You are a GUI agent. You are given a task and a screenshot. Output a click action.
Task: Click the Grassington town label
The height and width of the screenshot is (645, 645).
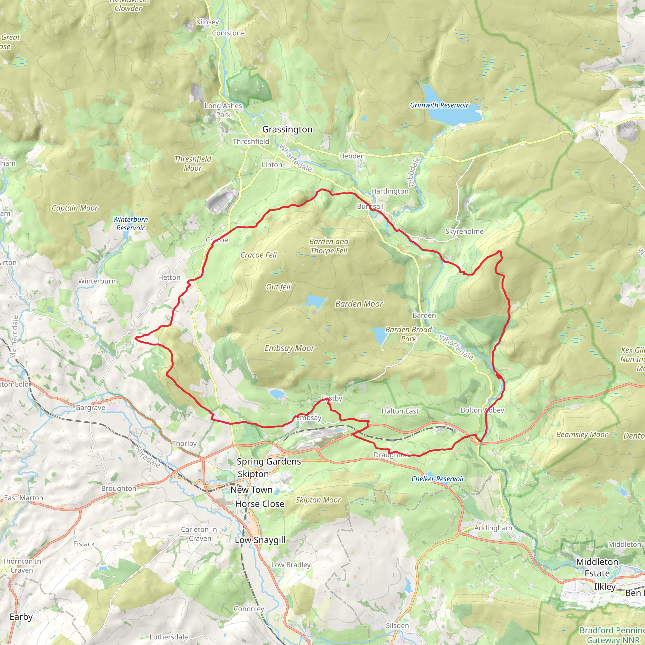click(287, 129)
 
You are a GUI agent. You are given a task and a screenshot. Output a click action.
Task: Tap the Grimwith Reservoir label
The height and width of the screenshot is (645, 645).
click(439, 105)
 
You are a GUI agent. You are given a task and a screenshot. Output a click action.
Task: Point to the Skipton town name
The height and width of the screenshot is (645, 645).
click(253, 474)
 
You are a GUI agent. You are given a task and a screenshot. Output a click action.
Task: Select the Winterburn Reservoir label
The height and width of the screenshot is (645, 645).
click(130, 224)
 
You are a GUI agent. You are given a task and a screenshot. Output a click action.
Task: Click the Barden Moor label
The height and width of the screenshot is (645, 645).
click(359, 304)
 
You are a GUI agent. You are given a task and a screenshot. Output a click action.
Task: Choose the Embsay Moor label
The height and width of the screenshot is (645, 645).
click(289, 348)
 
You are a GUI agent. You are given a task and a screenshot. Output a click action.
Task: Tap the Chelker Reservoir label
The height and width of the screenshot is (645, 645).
click(438, 479)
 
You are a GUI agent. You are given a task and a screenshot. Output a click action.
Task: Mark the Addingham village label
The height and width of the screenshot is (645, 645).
click(493, 528)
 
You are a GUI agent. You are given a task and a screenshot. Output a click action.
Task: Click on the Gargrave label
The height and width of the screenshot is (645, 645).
click(90, 408)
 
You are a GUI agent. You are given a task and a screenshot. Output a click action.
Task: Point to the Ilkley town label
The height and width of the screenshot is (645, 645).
click(605, 586)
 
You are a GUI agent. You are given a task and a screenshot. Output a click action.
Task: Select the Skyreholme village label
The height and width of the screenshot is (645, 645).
click(464, 231)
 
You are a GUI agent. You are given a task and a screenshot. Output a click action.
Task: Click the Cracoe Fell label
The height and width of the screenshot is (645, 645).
click(259, 255)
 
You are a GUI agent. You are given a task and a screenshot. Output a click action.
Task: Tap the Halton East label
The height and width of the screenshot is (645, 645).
click(400, 411)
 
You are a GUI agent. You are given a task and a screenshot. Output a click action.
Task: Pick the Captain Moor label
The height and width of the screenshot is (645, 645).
click(75, 208)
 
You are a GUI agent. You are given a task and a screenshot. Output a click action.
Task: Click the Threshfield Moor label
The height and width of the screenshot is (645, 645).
click(193, 163)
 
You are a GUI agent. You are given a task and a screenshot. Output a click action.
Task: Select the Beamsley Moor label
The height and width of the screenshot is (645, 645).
click(582, 435)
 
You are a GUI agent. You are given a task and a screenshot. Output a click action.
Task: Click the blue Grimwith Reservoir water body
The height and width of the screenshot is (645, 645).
click(454, 113)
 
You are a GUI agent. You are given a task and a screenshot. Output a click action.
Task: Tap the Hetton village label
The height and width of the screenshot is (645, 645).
click(169, 277)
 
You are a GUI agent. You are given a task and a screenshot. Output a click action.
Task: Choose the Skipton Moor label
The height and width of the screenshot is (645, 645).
click(318, 500)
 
